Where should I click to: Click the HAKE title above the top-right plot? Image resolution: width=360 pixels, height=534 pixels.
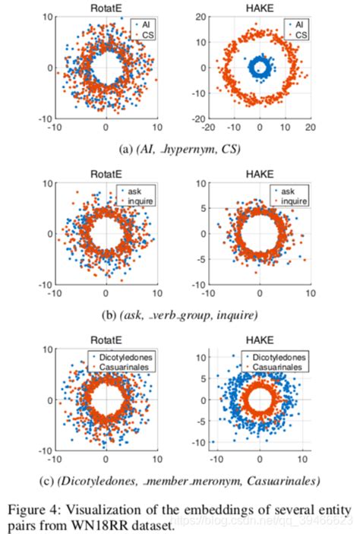(x=259, y=7)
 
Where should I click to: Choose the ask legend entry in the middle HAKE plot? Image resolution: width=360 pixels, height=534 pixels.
(x=288, y=190)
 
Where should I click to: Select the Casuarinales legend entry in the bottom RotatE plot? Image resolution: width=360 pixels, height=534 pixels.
(x=125, y=367)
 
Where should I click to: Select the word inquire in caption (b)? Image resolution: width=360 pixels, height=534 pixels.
(x=232, y=314)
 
